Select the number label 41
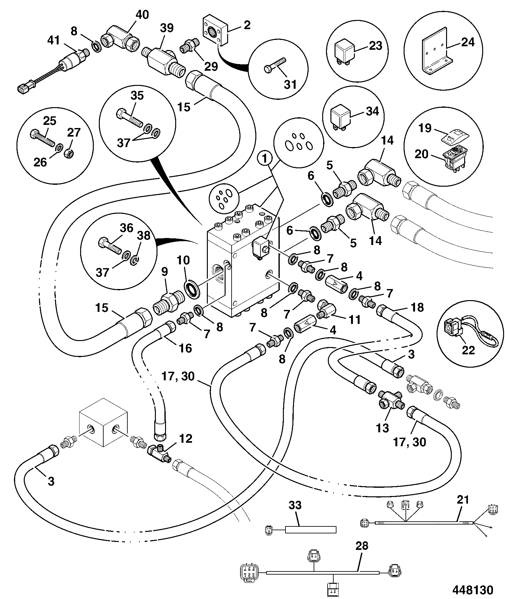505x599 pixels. pyautogui.click(x=53, y=41)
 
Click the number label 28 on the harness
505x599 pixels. pyautogui.click(x=362, y=554)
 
